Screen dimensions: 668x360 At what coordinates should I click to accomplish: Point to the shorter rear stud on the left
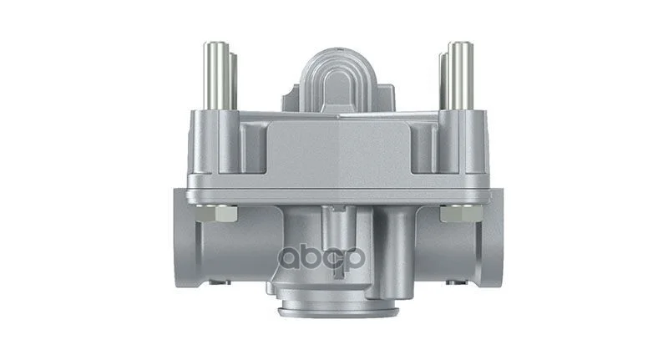point(233,80)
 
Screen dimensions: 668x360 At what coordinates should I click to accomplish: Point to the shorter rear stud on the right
point(444,80)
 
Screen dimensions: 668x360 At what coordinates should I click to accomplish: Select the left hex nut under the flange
point(217,213)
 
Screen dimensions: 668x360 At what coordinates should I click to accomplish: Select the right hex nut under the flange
point(462,213)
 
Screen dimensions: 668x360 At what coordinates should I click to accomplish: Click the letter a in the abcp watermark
point(289,259)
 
